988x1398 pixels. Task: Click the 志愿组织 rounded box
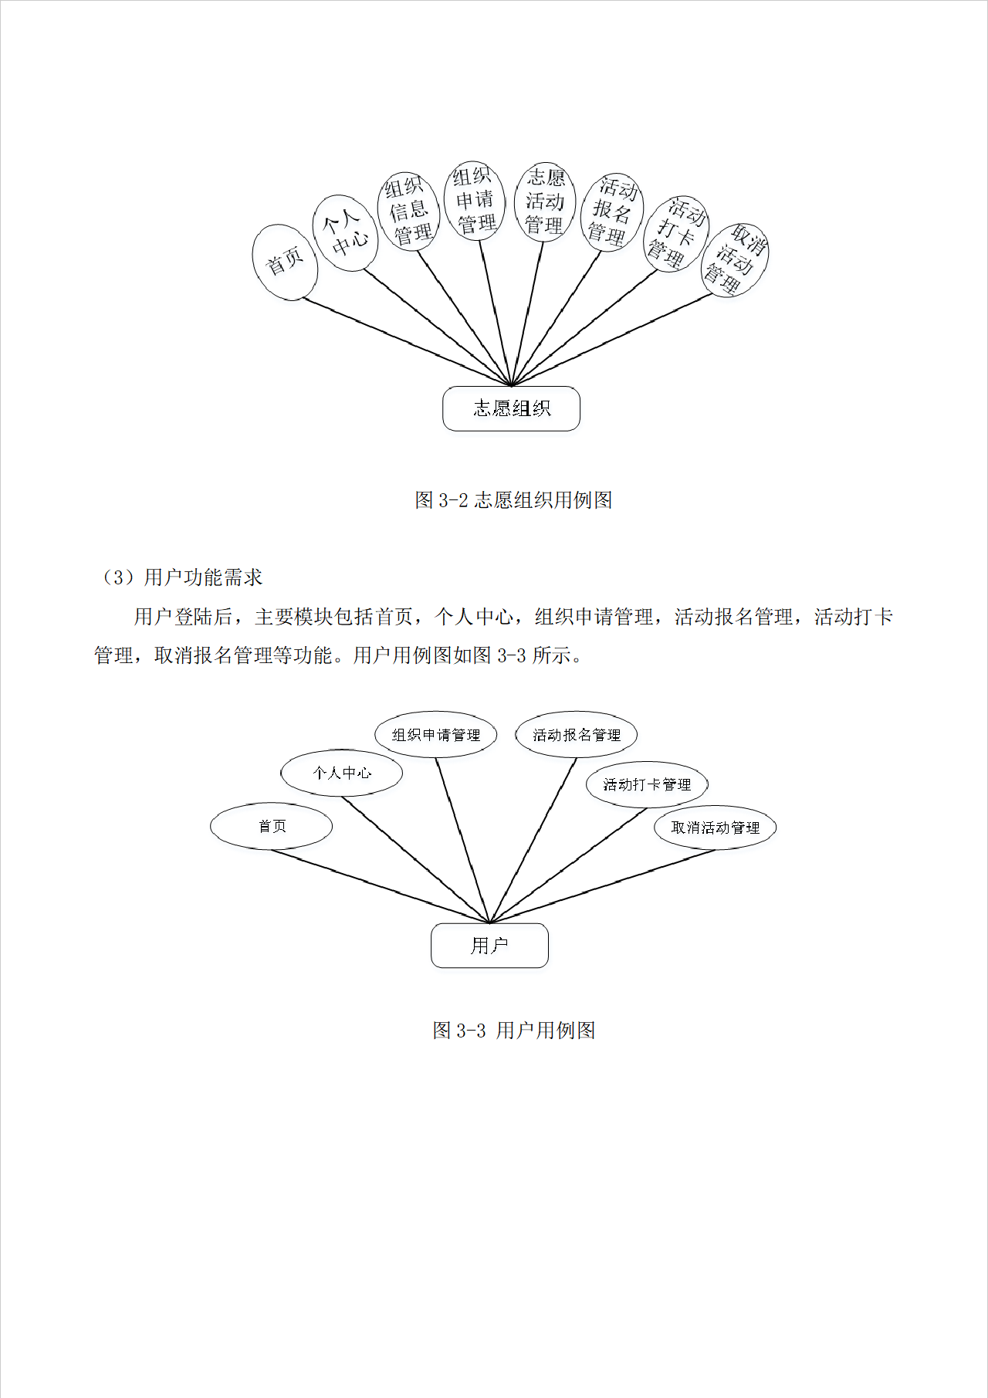[x=511, y=408]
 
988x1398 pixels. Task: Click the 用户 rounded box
[x=489, y=946]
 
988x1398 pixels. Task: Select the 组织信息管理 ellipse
[x=408, y=211]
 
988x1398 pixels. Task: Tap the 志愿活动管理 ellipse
[x=545, y=201]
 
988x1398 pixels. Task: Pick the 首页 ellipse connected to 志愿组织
[x=285, y=262]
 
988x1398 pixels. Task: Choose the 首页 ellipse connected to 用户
[x=272, y=827]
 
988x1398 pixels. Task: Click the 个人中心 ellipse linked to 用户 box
[x=342, y=773]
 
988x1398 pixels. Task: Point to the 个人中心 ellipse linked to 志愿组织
[x=345, y=233]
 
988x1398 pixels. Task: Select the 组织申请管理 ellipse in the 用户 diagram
[x=435, y=735]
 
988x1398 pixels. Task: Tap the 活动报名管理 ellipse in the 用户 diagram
[x=577, y=735]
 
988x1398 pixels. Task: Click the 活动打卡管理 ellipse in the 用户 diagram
[x=647, y=785]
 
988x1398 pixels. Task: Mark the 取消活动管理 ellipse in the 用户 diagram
[x=716, y=828]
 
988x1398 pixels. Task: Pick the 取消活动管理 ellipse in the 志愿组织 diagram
[x=735, y=261]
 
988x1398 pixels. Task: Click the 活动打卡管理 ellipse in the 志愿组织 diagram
[x=676, y=233]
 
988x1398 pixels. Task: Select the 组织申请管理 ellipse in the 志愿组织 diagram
[x=475, y=201]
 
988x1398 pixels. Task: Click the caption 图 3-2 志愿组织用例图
[x=513, y=500]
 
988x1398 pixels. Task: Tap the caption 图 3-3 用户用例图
[x=513, y=1031]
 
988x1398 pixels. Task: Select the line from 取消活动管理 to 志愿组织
[x=610, y=340]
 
